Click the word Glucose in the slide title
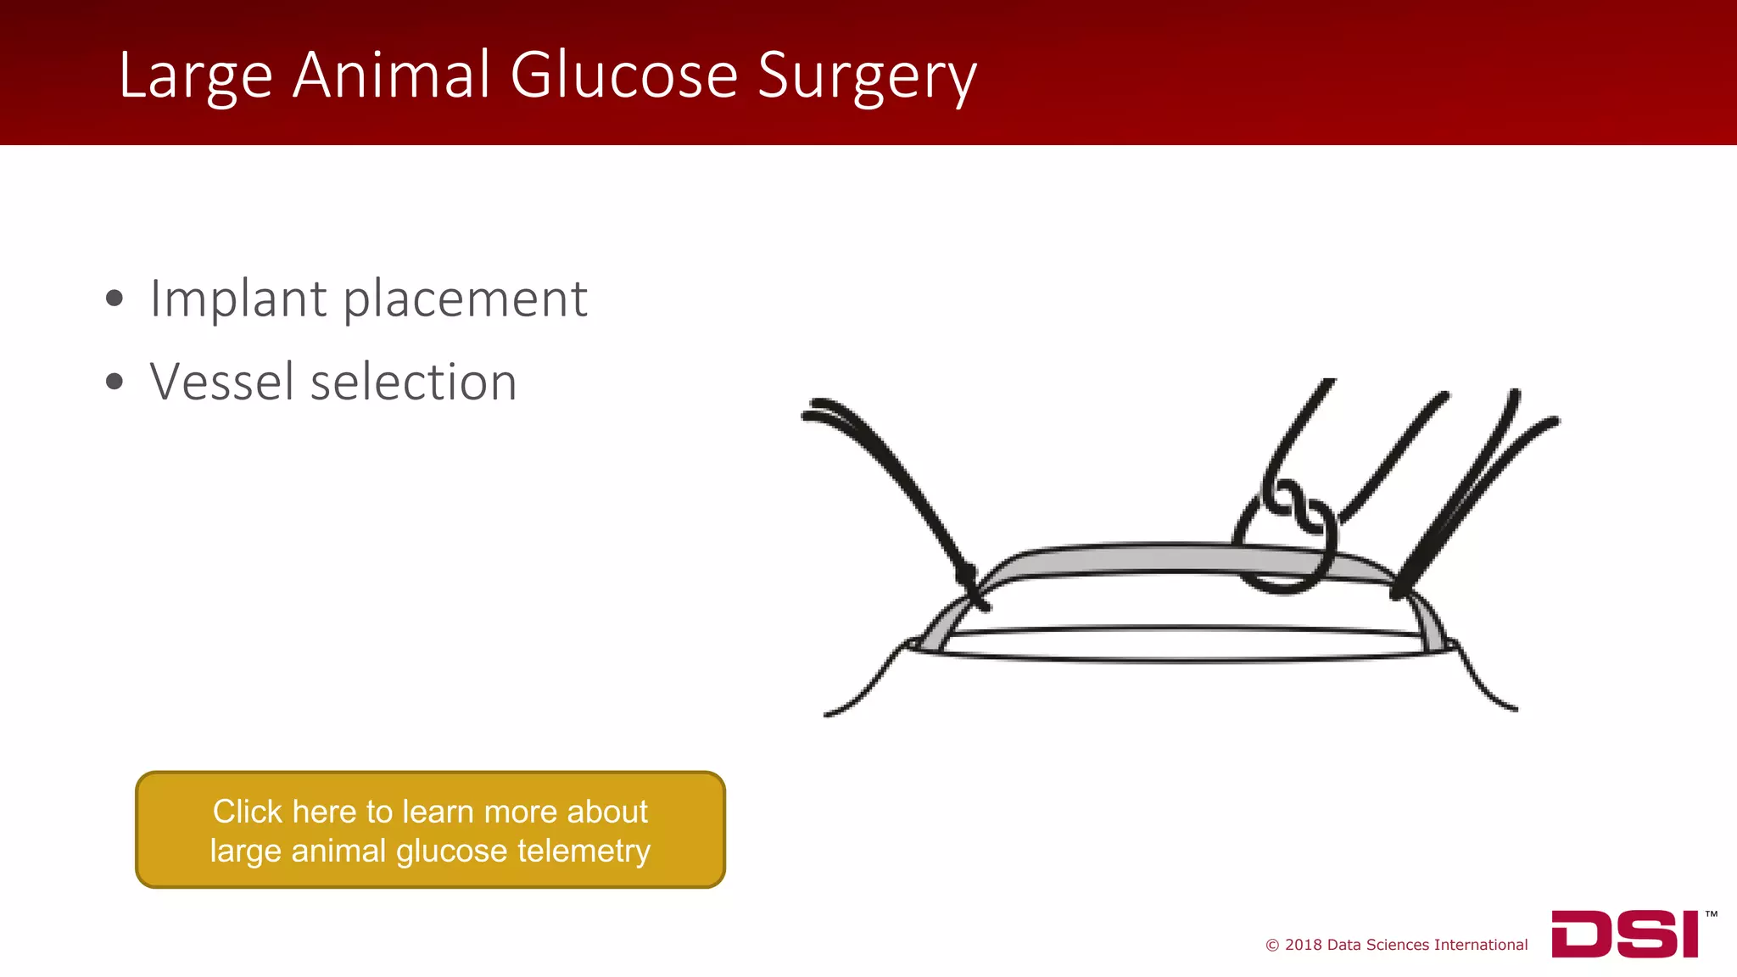click(x=624, y=75)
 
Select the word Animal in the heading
click(x=391, y=75)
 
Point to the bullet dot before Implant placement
click(x=114, y=299)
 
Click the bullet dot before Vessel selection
click(x=114, y=382)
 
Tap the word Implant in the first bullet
click(x=238, y=300)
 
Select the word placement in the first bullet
click(x=465, y=300)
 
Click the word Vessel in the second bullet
click(x=222, y=382)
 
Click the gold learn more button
click(x=430, y=829)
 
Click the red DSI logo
click(x=1625, y=934)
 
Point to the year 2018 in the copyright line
click(x=1303, y=945)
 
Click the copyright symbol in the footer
click(x=1272, y=946)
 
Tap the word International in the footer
click(x=1481, y=945)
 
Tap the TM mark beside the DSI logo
click(x=1711, y=914)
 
